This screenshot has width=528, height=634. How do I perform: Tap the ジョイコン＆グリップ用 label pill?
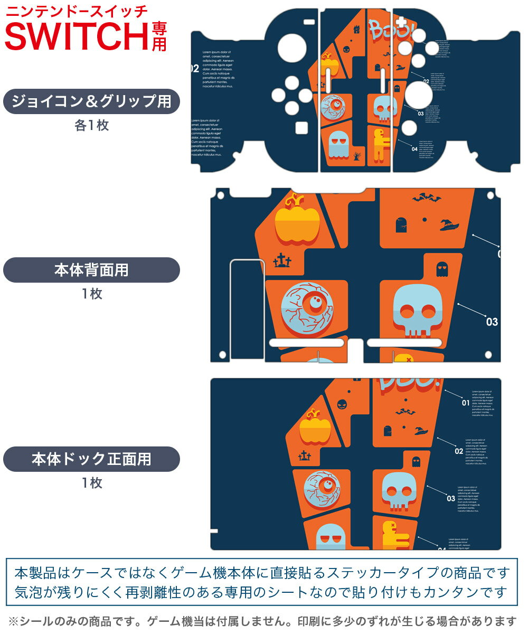[x=92, y=101]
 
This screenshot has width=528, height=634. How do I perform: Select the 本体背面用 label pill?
[x=92, y=270]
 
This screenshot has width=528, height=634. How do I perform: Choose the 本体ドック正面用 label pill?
[x=92, y=459]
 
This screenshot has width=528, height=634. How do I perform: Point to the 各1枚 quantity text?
[x=92, y=126]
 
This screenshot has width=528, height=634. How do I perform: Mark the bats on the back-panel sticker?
[x=427, y=198]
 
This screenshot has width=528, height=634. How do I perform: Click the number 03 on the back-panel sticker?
[x=492, y=322]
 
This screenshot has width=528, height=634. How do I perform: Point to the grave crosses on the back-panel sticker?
[x=282, y=260]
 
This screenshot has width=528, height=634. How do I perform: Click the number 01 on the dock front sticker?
[x=465, y=403]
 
